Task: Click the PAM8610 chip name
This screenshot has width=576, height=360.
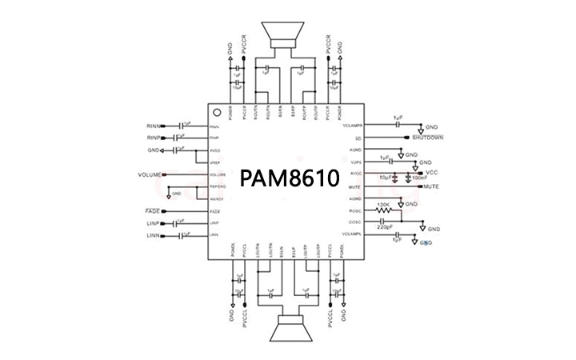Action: pos(288,177)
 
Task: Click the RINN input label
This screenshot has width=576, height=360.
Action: pos(153,126)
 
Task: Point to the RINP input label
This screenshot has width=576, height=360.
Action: pos(153,138)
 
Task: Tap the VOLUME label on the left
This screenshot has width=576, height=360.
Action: pos(150,174)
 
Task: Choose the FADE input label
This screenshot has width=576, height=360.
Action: pos(153,210)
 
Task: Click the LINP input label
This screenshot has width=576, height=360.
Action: pos(153,222)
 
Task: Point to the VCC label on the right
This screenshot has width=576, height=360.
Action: pos(432,173)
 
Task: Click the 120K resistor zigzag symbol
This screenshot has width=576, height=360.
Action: pos(384,210)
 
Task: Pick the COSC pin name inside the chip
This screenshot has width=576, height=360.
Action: pos(356,222)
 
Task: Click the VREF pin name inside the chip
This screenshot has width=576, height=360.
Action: pos(214,162)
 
